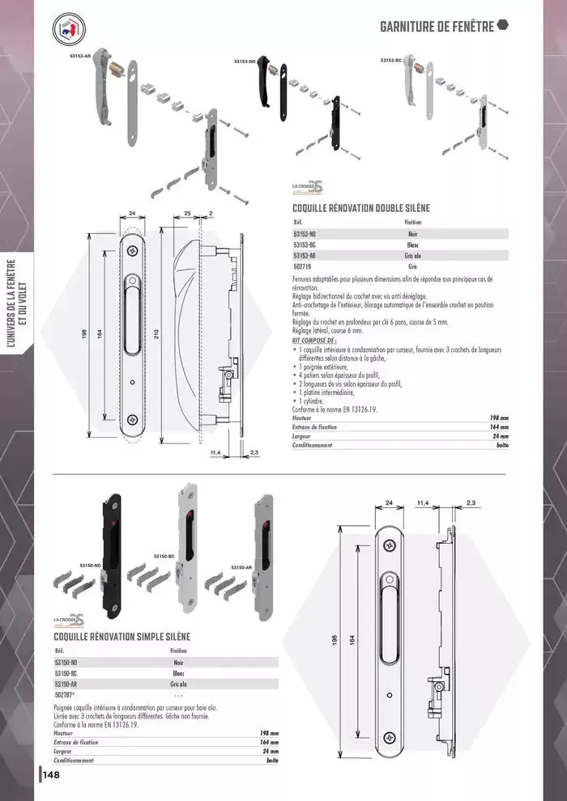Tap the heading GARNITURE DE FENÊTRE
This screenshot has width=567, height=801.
tap(437, 27)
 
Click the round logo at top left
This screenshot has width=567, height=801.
tap(70, 30)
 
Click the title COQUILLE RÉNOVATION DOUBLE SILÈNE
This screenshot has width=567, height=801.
tap(361, 208)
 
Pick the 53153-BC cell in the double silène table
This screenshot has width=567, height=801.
tap(305, 244)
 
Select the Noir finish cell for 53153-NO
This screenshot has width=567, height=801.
tap(412, 234)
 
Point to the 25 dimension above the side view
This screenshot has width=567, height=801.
tap(186, 213)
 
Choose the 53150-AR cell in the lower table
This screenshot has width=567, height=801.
tap(66, 684)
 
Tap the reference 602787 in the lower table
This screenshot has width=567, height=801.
tap(65, 694)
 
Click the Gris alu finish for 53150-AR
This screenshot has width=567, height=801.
tap(179, 684)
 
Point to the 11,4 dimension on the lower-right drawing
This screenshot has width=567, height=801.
tap(422, 502)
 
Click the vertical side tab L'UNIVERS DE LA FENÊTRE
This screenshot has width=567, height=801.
tap(16, 303)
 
